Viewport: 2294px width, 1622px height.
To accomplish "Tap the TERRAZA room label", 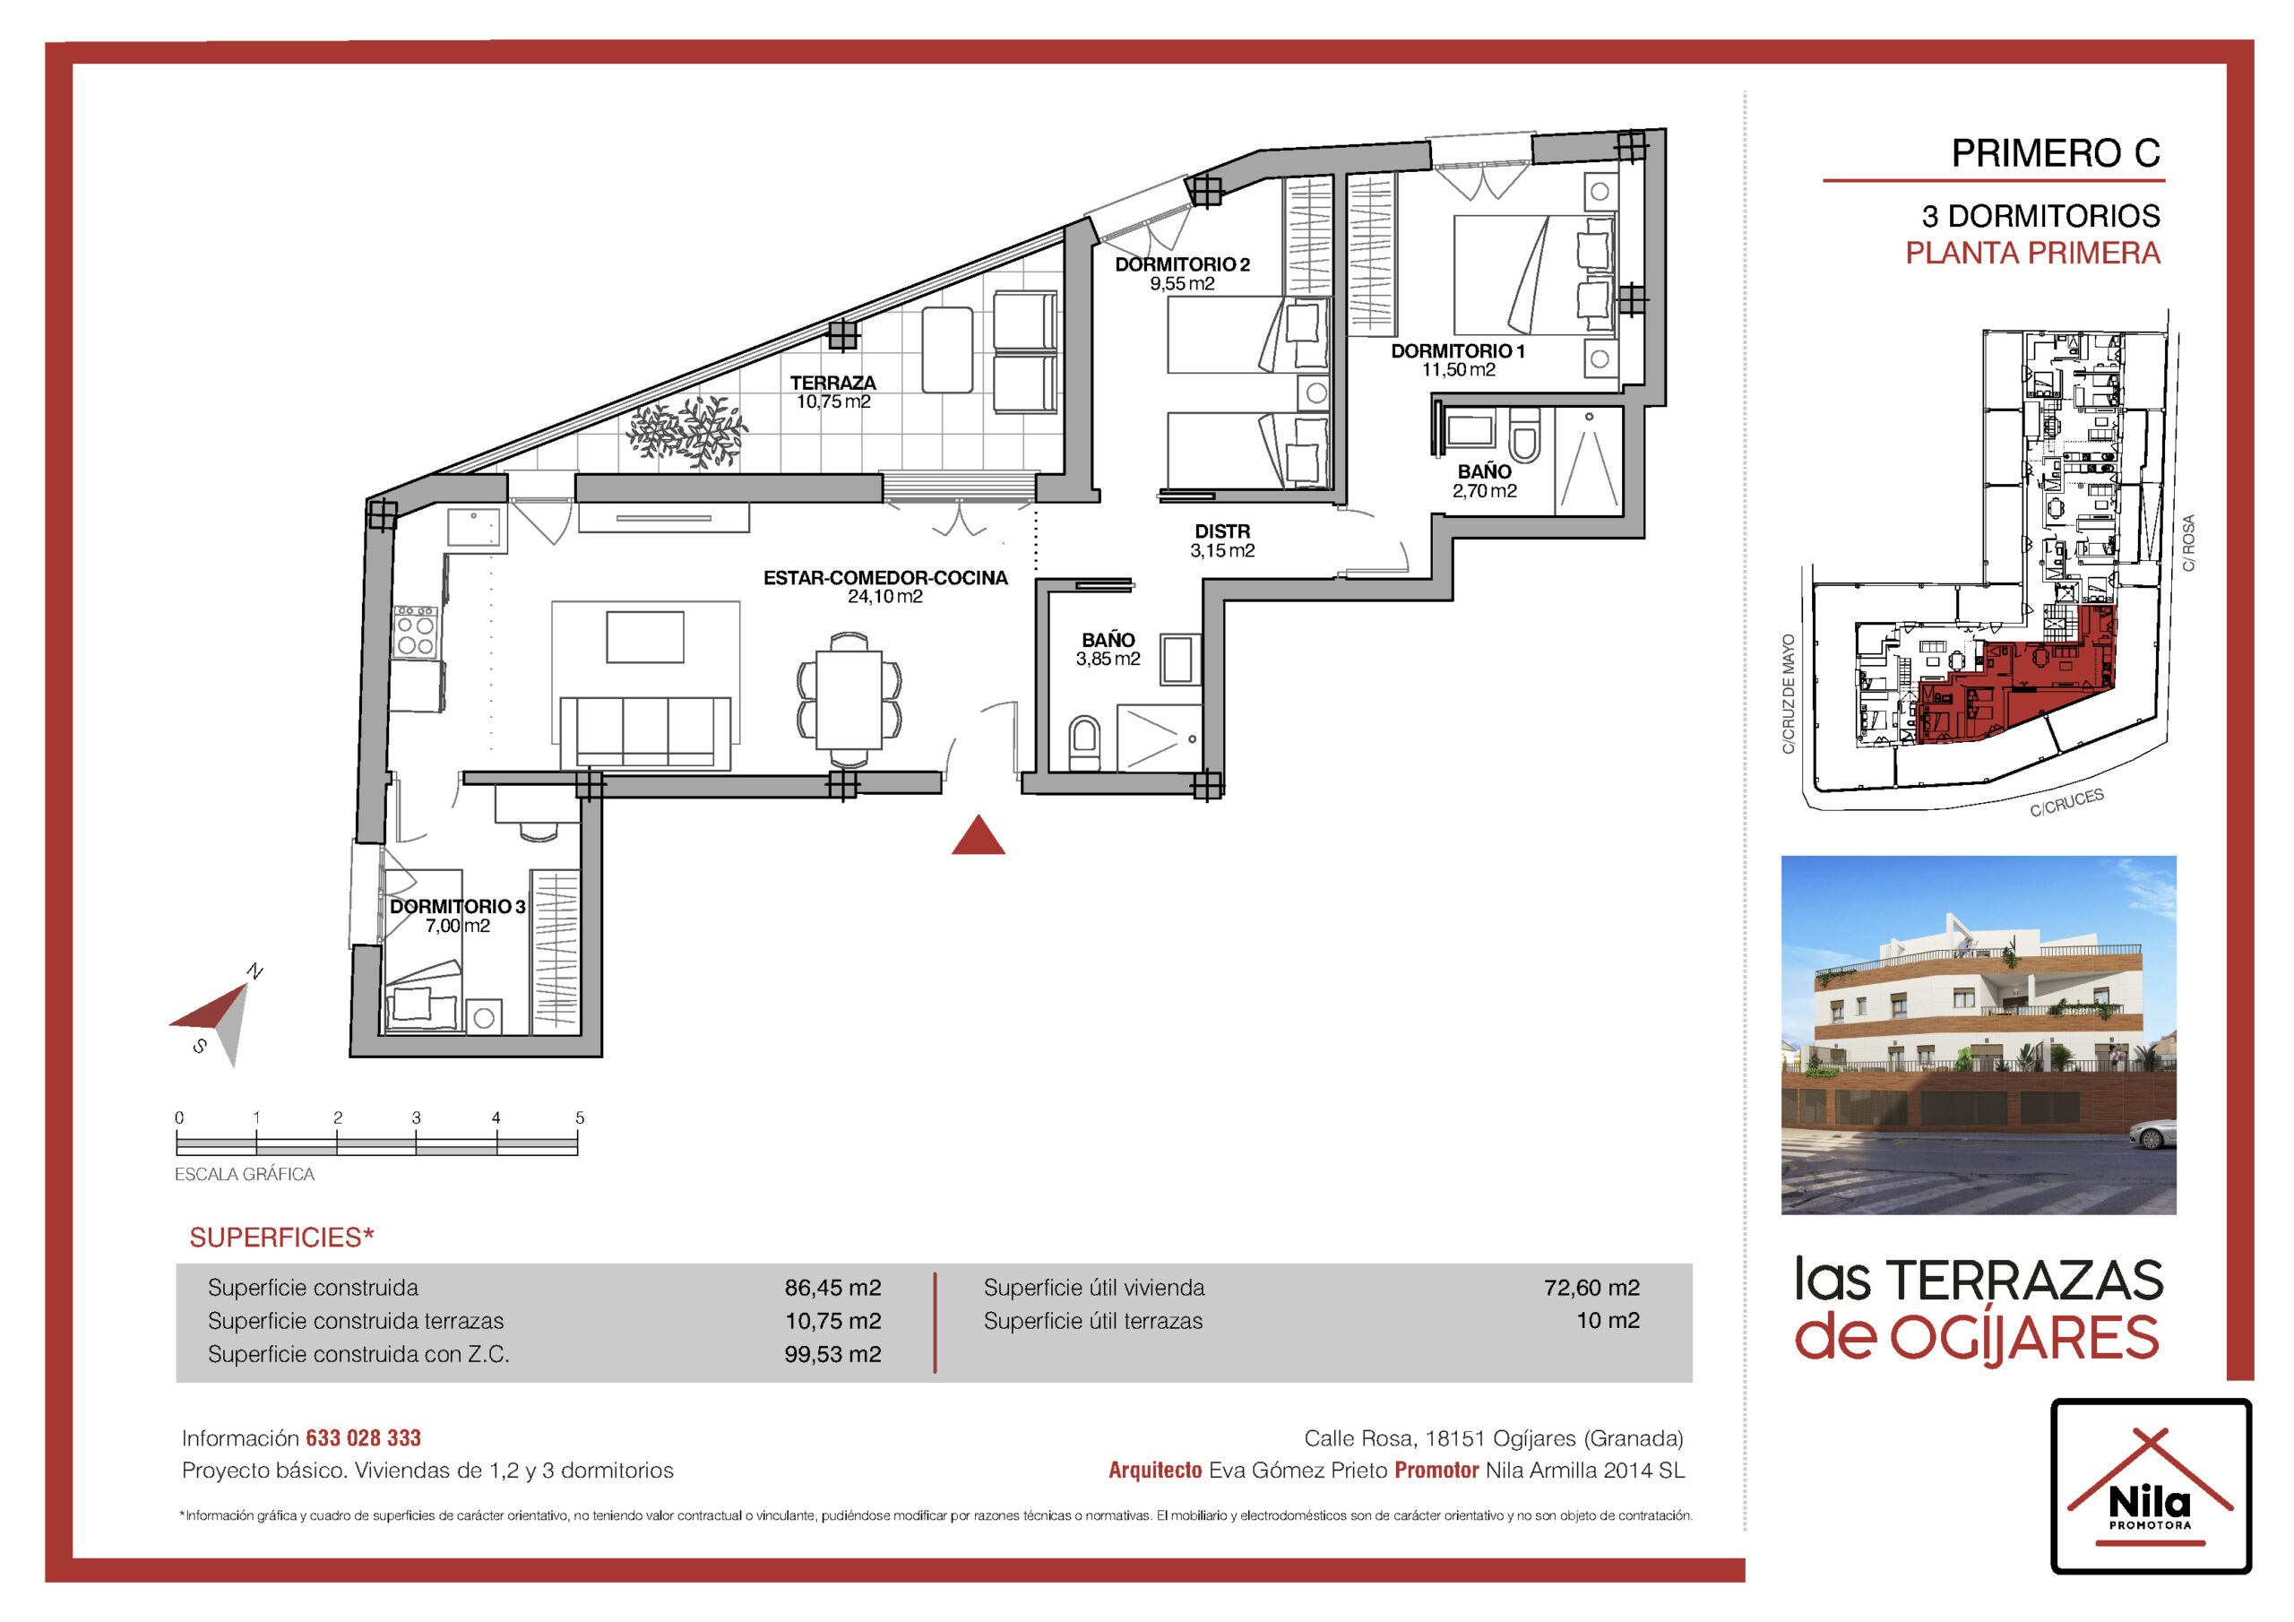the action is (x=833, y=383).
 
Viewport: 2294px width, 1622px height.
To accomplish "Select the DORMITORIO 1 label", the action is (x=1458, y=350).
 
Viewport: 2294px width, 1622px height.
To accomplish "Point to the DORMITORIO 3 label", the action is (x=458, y=907).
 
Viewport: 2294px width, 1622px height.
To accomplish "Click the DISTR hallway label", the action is (x=1222, y=531).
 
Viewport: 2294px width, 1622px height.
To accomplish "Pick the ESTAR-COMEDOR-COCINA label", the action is (x=885, y=578).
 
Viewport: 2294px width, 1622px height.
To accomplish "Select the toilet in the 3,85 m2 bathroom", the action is (x=1084, y=744).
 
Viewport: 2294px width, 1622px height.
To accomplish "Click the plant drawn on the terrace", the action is (x=687, y=433).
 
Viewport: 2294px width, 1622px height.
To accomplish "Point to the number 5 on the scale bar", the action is (x=580, y=1118).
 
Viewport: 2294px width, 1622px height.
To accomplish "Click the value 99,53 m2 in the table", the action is (x=833, y=1354).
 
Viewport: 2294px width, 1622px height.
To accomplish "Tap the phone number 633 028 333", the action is (x=363, y=1438).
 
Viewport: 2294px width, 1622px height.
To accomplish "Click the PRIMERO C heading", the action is (x=2056, y=153).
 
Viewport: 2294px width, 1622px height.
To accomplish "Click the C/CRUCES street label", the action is (x=2066, y=803).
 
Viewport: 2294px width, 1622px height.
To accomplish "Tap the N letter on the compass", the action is (x=254, y=971).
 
